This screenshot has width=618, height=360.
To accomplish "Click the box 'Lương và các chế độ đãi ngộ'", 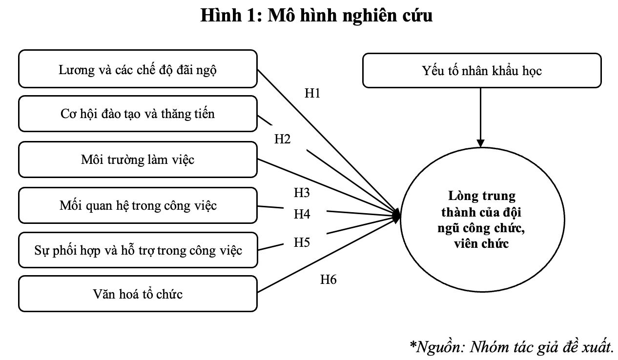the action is [138, 69].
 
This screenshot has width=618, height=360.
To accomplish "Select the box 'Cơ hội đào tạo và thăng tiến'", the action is [138, 114].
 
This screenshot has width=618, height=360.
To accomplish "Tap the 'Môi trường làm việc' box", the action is [138, 160].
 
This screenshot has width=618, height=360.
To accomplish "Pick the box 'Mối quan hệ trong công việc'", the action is [138, 205].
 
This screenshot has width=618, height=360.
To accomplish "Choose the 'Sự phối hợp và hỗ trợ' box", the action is [138, 250].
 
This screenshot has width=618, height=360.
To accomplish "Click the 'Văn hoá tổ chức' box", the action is [138, 294].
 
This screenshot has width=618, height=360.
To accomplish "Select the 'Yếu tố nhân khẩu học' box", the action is [482, 71].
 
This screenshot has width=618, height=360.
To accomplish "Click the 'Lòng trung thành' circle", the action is [482, 220].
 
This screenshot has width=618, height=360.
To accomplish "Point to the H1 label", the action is [312, 93].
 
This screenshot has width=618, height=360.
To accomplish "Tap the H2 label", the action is [282, 139].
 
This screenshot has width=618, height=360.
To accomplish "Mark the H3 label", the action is [302, 192].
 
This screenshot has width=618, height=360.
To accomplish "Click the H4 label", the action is [302, 214].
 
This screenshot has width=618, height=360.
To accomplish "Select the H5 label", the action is [302, 242].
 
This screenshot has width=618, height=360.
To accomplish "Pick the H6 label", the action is [329, 280].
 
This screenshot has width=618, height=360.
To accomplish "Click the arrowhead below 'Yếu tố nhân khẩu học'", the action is [481, 143].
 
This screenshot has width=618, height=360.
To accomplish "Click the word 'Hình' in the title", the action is [221, 15].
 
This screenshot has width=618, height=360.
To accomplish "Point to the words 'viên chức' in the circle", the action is [481, 244].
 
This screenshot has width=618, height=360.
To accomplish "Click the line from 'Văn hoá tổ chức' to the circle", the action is [329, 255].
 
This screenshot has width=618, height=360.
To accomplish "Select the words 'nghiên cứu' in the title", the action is [388, 16].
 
